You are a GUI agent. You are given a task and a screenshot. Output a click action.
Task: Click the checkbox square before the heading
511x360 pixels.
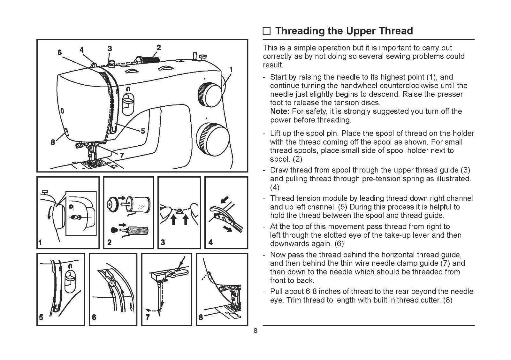(267, 31)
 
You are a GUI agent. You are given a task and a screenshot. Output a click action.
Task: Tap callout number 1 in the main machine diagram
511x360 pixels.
(231, 70)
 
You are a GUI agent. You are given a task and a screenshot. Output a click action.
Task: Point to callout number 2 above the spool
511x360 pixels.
(159, 48)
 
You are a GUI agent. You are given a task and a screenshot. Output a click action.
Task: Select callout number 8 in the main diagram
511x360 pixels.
(53, 142)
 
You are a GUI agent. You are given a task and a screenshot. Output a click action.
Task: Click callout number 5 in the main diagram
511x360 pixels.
(142, 131)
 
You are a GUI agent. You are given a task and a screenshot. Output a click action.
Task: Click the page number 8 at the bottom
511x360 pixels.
(255, 331)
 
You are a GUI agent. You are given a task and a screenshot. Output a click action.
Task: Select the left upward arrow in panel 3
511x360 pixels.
(173, 220)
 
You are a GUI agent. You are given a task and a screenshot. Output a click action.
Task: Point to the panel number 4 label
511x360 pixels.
(210, 242)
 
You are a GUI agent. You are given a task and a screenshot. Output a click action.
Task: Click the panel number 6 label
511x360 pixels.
(94, 318)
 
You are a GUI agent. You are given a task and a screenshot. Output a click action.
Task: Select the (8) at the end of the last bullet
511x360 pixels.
(447, 300)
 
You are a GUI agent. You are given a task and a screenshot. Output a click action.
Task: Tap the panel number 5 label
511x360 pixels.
(41, 318)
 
